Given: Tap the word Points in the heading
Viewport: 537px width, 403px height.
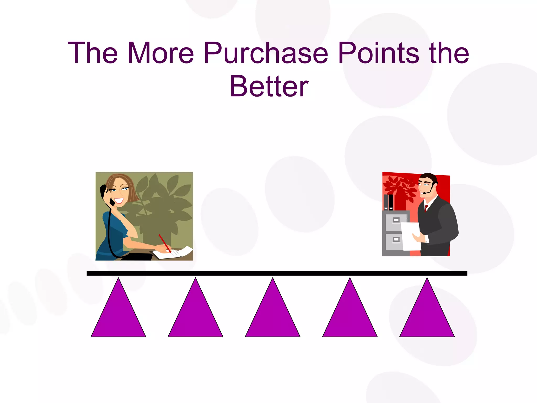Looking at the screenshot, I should point(378,53).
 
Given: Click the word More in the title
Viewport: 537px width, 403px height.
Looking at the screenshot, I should point(160,53).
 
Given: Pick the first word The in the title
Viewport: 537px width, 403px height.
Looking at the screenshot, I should point(93,53).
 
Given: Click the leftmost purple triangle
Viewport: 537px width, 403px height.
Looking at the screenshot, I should point(118,315).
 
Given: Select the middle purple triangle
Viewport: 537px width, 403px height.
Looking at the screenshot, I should point(272,315).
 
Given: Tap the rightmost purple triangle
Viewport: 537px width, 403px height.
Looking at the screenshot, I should point(427,315).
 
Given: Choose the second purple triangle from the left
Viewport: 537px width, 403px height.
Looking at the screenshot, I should point(195,315).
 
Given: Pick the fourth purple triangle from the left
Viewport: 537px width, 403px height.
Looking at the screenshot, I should point(350,315).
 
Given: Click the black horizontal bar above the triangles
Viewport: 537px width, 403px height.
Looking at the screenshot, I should point(277,273).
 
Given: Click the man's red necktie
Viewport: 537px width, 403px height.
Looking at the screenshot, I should point(426,208).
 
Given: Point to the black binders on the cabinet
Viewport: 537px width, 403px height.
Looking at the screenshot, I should point(388,202).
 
